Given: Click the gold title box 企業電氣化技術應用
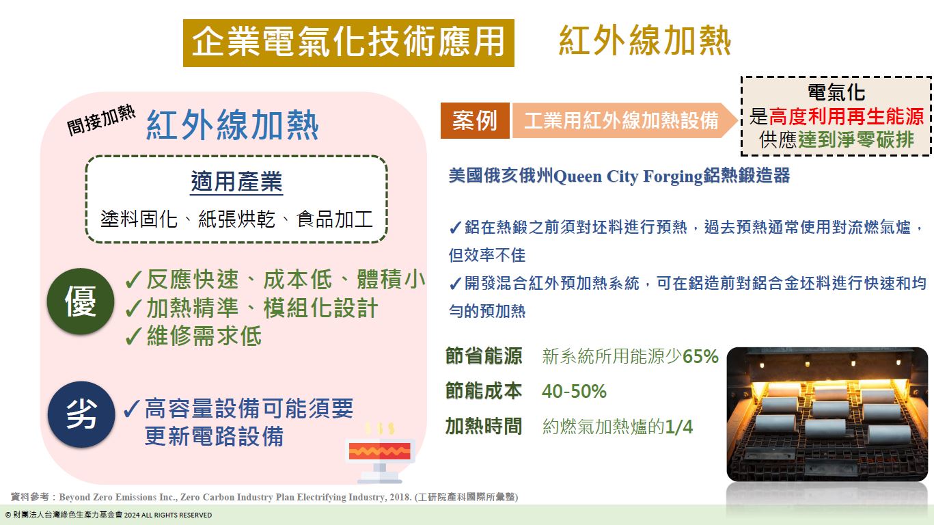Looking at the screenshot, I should [348, 42].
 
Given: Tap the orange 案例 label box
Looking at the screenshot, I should [474, 121].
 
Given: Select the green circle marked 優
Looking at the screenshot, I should [81, 301].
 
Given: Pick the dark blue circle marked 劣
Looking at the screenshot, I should [81, 414].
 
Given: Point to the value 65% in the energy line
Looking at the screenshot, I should [701, 357].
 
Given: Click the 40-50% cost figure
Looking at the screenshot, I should [574, 392].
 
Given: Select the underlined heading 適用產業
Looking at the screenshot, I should [236, 183].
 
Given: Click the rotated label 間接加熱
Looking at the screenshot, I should [101, 121].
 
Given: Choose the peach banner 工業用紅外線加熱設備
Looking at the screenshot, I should [621, 121].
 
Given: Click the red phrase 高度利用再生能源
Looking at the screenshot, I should [847, 116].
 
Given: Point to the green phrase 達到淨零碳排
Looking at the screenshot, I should [855, 139].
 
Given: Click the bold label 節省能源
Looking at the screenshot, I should [484, 356].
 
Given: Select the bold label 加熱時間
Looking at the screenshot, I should [484, 427].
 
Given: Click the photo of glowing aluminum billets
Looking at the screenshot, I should [827, 414].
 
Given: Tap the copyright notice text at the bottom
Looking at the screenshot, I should [109, 515].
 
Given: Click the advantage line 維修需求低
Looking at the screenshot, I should [204, 336].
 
